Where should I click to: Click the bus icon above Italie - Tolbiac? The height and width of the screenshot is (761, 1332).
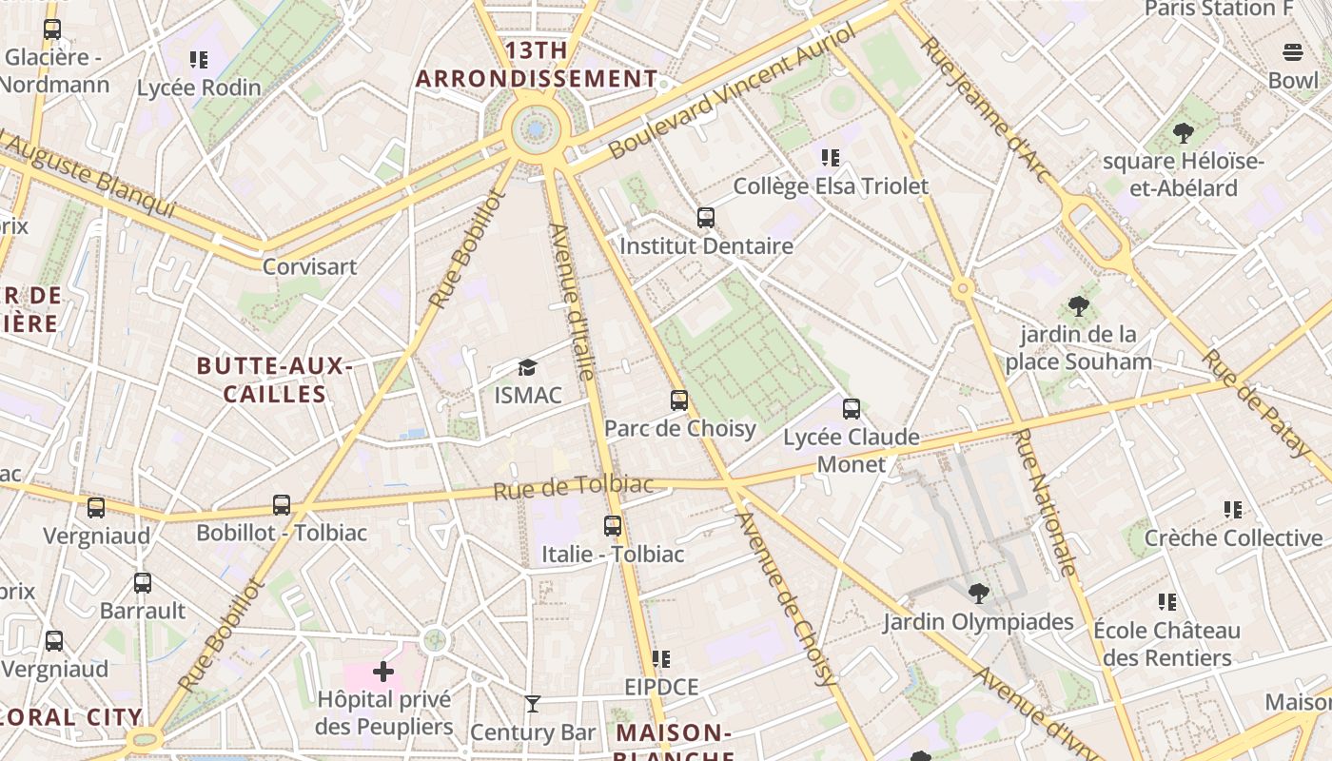613,525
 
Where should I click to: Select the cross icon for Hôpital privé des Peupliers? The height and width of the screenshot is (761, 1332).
383,673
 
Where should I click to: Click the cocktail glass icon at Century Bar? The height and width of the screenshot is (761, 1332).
533,704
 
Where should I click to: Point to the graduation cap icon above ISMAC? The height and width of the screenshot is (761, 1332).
527,367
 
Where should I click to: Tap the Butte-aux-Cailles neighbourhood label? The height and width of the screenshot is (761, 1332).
275,380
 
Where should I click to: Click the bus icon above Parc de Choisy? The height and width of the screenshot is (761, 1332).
679,400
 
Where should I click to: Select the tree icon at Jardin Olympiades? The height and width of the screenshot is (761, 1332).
978,595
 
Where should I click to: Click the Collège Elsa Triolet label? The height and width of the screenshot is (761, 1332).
830,186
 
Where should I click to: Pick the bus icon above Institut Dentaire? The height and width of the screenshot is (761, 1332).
706,218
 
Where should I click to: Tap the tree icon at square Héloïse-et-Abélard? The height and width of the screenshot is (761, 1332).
1184,133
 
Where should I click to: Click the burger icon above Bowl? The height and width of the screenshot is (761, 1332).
1293,52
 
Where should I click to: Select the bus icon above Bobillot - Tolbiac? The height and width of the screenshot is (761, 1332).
282,505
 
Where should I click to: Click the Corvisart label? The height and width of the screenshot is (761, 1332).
309,266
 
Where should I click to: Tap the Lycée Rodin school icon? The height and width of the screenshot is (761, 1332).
199,60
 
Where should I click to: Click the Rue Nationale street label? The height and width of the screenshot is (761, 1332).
1046,502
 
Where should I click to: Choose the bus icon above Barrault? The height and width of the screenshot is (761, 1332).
143,583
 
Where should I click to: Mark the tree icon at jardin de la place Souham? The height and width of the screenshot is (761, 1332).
1079,306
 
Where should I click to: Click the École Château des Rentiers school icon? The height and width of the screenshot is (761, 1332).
1167,602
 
